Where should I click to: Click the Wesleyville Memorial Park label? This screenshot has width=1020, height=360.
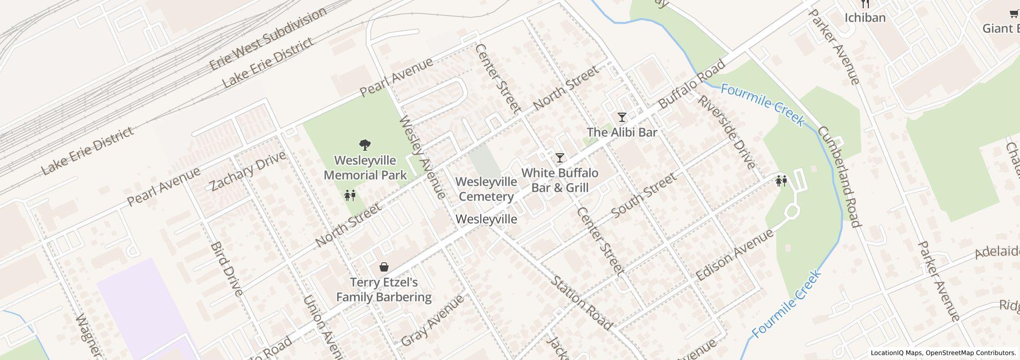click(365, 168)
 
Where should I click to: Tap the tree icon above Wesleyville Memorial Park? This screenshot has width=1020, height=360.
click(365, 145)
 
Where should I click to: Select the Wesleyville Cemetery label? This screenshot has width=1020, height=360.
click(486, 189)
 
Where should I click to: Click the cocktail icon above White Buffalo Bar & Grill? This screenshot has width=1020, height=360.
click(560, 157)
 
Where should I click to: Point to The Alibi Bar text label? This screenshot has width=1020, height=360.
click(622, 132)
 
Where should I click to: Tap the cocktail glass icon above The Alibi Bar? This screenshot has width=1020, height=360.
click(622, 117)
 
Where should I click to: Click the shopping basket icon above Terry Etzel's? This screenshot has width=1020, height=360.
click(384, 267)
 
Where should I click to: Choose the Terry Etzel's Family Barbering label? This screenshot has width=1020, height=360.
click(384, 290)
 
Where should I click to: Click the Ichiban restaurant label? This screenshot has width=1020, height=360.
click(865, 18)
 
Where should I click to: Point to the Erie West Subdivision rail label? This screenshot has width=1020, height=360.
click(267, 39)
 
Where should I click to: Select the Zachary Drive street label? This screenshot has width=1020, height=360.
click(247, 170)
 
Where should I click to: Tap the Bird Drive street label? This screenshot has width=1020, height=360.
click(226, 269)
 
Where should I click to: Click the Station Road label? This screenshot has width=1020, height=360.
click(582, 303)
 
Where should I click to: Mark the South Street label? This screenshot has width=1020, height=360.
click(644, 195)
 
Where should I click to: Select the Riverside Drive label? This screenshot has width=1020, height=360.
click(726, 132)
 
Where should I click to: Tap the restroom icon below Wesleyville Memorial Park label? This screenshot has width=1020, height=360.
click(351, 195)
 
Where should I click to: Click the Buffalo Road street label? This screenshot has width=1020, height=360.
click(691, 84)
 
